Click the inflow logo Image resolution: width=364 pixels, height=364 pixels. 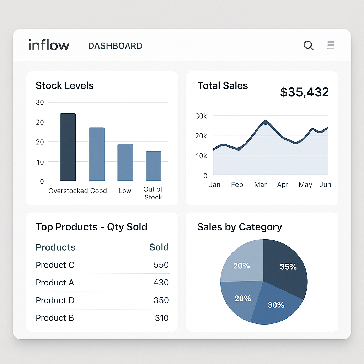coord(49,45)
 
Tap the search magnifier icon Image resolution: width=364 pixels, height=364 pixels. coord(308,45)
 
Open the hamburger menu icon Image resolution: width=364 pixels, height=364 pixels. coord(331,45)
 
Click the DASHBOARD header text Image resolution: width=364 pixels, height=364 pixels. coord(115,46)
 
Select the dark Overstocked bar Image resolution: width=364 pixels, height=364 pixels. coord(68,147)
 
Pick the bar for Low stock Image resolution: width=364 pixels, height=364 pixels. coord(125,162)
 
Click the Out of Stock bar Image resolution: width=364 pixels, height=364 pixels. coord(154,166)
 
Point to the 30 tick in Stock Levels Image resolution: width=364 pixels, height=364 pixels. coord(40,102)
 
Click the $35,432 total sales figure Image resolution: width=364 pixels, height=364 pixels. coord(304,92)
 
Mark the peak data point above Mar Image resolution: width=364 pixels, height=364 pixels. coord(265,122)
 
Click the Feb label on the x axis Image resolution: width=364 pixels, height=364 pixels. coord(237,184)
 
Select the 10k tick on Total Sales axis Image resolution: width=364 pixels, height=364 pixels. coord(201,156)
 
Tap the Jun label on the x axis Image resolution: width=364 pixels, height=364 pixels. coord(325,184)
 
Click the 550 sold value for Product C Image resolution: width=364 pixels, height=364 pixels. coord(161,265)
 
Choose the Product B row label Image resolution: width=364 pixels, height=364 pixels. coord(55,318)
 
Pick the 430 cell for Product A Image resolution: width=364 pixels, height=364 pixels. coord(161,283)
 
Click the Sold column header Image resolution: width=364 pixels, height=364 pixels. coord(159,247)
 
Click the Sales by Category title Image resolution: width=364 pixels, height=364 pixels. coord(240,227)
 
